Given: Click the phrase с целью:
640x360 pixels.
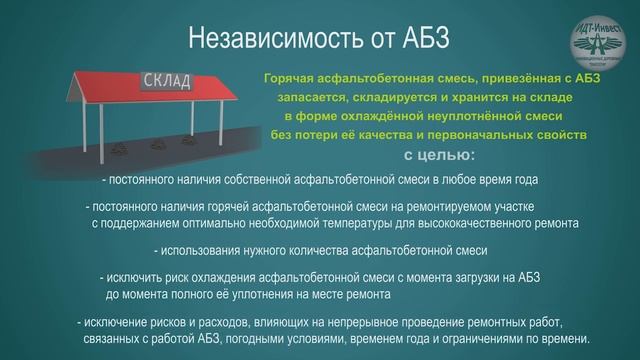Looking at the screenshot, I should point(440,156).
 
